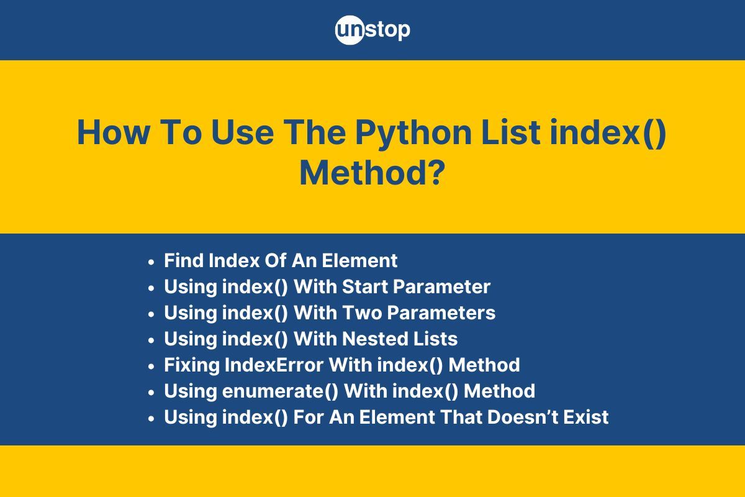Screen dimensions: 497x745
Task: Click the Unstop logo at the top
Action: [x=372, y=29]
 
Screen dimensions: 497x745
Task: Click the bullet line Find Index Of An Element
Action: [x=281, y=260]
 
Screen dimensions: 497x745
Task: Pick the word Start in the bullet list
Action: [x=365, y=287]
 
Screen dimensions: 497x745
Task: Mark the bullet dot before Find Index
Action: [x=151, y=262]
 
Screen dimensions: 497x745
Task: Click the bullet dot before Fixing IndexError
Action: [x=151, y=367]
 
